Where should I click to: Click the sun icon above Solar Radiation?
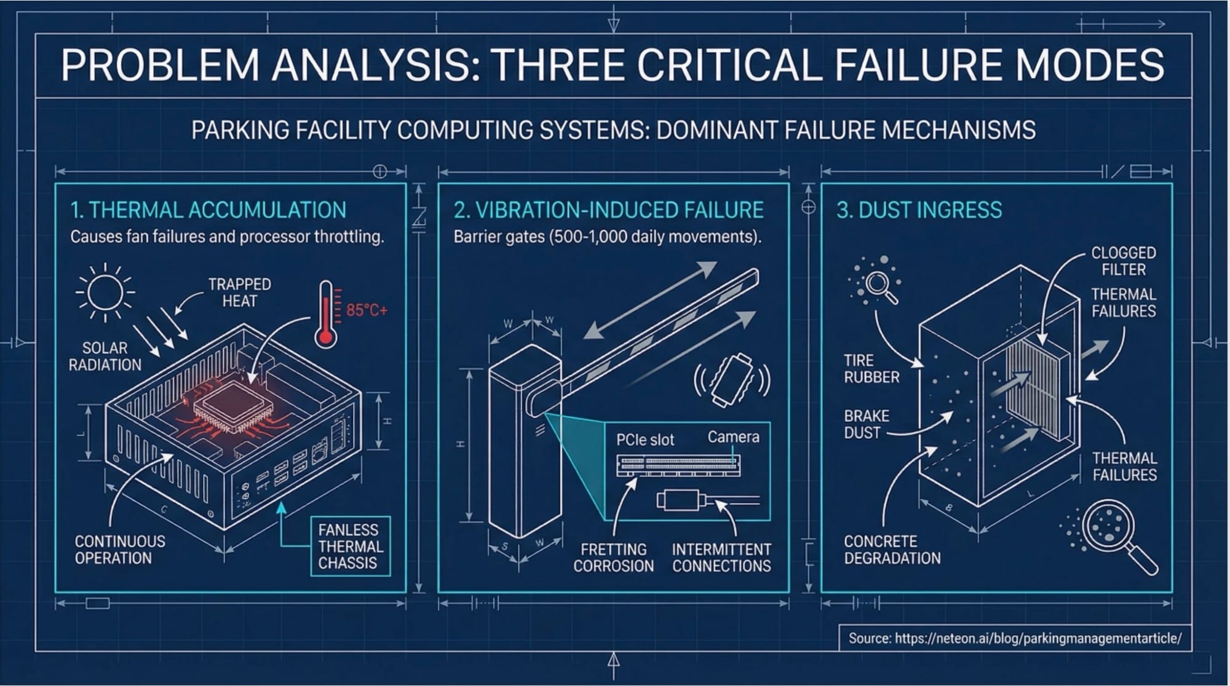click(x=105, y=292)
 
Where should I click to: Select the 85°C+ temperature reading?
click(x=367, y=310)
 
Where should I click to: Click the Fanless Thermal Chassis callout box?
click(x=348, y=546)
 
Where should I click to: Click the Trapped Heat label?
click(x=239, y=293)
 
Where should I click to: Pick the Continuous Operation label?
click(x=120, y=550)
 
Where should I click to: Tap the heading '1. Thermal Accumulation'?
click(x=208, y=210)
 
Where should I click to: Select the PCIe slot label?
click(x=645, y=440)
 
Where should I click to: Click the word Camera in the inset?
click(x=733, y=437)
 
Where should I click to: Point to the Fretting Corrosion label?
click(x=613, y=558)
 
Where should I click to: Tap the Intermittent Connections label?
click(x=721, y=558)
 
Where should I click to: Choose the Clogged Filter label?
click(x=1123, y=261)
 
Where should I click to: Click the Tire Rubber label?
click(x=871, y=369)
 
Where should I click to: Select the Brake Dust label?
click(x=867, y=424)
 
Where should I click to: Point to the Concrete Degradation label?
click(x=892, y=550)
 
